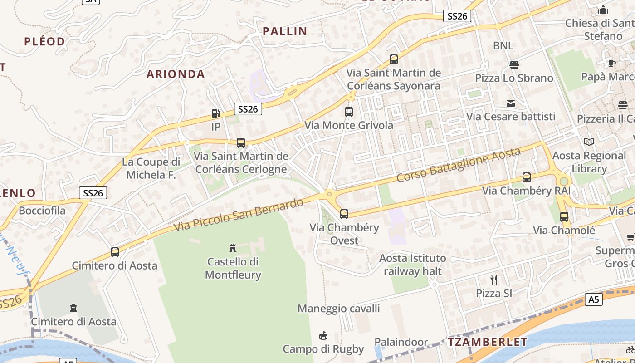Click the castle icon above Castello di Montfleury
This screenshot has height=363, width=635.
pyautogui.click(x=233, y=248)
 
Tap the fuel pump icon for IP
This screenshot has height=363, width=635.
pyautogui.click(x=216, y=113)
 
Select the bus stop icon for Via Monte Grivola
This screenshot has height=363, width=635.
pyautogui.click(x=348, y=112)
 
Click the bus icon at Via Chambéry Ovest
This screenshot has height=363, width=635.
pyautogui.click(x=344, y=214)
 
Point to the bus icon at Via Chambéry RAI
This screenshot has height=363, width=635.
pyautogui.click(x=526, y=177)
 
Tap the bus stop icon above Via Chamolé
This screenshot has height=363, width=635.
pyautogui.click(x=564, y=217)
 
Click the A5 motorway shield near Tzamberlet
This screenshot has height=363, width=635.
pyautogui.click(x=593, y=299)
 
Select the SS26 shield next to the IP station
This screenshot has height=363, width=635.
pyautogui.click(x=248, y=109)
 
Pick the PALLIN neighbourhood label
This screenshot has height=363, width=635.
pyautogui.click(x=285, y=31)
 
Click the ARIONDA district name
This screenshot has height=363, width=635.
pyautogui.click(x=176, y=74)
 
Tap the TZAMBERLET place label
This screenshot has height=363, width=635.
pyautogui.click(x=488, y=342)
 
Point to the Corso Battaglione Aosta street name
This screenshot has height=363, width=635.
pyautogui.click(x=458, y=165)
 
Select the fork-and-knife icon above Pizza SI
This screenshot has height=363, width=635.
pyautogui.click(x=494, y=280)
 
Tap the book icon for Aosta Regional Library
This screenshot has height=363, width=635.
pyautogui.click(x=589, y=142)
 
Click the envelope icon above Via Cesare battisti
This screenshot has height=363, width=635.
pyautogui.click(x=511, y=103)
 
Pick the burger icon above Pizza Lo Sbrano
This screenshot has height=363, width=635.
pyautogui.click(x=514, y=64)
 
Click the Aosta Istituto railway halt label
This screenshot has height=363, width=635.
pyautogui.click(x=412, y=265)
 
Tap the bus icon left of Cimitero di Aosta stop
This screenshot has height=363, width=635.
pyautogui.click(x=115, y=252)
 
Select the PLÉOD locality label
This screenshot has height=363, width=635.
pyautogui.click(x=44, y=41)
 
